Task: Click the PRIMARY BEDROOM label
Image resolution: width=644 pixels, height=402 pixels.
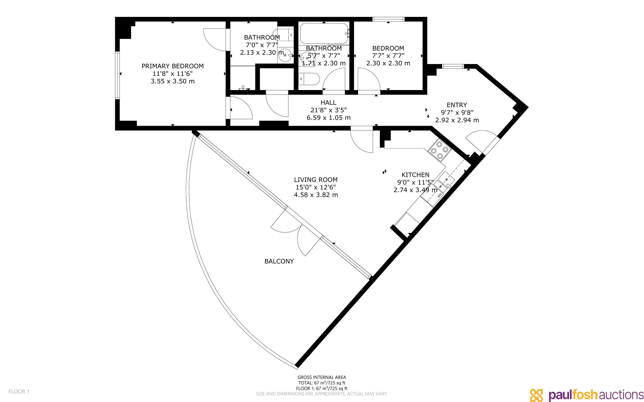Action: coord(172,66)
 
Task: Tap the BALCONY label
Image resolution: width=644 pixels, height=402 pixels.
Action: coord(279,261)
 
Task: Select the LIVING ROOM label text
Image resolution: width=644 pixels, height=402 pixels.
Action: coord(316,180)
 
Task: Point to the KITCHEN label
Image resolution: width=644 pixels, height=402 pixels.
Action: coord(415,175)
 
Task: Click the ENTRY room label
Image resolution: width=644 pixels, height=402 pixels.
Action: coord(457,105)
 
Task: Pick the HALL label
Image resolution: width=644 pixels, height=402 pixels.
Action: coord(328,102)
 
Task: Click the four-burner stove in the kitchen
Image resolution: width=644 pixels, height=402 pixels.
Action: coord(439,151)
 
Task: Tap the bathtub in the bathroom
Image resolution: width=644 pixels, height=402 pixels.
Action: coord(324,34)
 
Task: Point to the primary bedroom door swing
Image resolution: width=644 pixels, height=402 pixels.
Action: coord(215,39)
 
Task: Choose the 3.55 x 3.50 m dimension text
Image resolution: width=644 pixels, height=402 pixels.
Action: coord(172,81)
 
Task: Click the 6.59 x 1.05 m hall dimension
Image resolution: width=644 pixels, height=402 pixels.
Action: coord(328,118)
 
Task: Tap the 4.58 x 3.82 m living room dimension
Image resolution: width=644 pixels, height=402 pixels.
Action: coord(316,195)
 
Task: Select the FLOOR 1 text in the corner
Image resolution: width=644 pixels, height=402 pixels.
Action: coord(19,391)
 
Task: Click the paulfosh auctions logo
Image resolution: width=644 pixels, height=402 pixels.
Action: coord(587,395)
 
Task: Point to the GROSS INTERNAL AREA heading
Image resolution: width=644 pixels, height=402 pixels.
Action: coord(322,377)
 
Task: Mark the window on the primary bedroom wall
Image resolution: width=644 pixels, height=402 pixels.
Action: coord(117,75)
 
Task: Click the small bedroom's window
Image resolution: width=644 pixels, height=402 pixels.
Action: coord(388,19)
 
